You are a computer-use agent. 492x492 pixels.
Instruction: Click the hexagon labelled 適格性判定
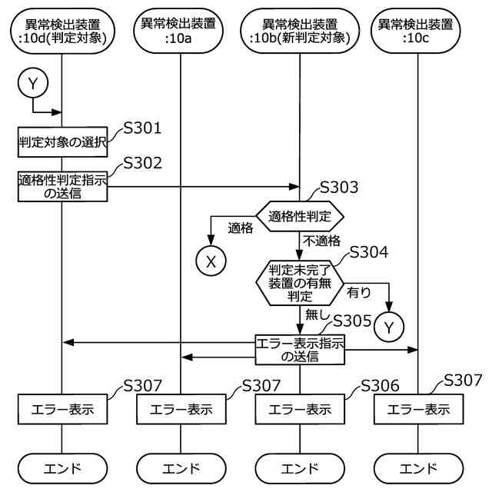pos(300,218)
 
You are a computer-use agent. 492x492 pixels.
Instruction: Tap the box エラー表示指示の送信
pos(300,350)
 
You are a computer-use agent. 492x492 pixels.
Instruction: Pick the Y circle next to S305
pos(389,327)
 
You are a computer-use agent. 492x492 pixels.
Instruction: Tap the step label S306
pos(379,385)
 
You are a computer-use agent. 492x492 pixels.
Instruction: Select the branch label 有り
pos(358,293)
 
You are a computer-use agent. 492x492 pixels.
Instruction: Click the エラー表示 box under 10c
pos(419,409)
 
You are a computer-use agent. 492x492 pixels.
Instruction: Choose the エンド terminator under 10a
pos(181,467)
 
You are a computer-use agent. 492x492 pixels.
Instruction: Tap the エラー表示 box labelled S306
pos(300,409)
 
